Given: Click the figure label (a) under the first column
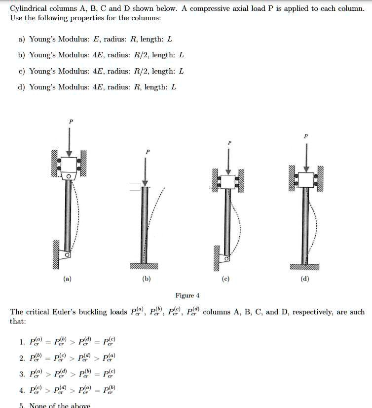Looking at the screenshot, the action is click(x=67, y=279).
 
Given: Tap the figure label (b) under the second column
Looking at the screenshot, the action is click(x=147, y=279).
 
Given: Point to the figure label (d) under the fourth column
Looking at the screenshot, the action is click(x=305, y=279).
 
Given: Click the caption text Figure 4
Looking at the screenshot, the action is click(x=187, y=296).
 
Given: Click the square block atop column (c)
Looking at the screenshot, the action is click(x=227, y=181).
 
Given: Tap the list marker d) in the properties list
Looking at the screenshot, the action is click(x=22, y=87).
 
